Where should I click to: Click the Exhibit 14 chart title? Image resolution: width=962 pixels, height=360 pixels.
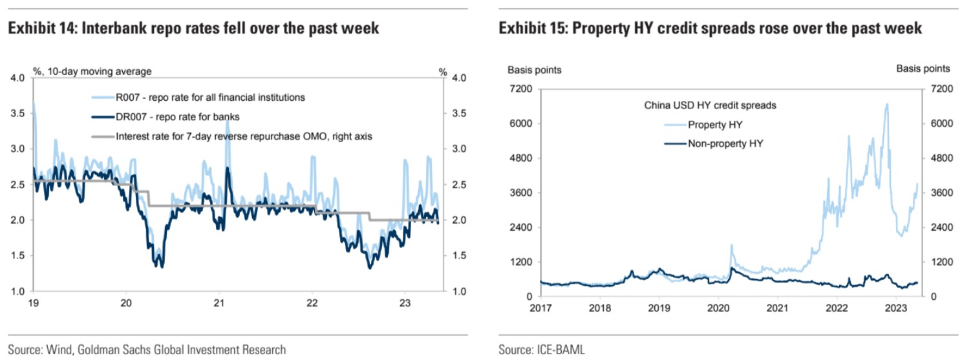pyautogui.click(x=193, y=29)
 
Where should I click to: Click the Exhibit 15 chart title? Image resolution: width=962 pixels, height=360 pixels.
pyautogui.click(x=710, y=29)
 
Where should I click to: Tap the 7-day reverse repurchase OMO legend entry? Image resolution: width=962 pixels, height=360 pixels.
pyautogui.click(x=245, y=136)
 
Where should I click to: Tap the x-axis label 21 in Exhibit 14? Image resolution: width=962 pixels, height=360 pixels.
pyautogui.click(x=219, y=302)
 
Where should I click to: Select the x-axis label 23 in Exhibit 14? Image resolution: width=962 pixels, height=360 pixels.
pyautogui.click(x=404, y=302)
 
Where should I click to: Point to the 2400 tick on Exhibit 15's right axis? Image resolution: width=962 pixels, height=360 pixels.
pyautogui.click(x=939, y=228)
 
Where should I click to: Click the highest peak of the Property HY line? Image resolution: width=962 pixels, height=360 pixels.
pyautogui.click(x=886, y=104)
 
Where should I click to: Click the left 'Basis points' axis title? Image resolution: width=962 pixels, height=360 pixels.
pyautogui.click(x=534, y=69)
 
